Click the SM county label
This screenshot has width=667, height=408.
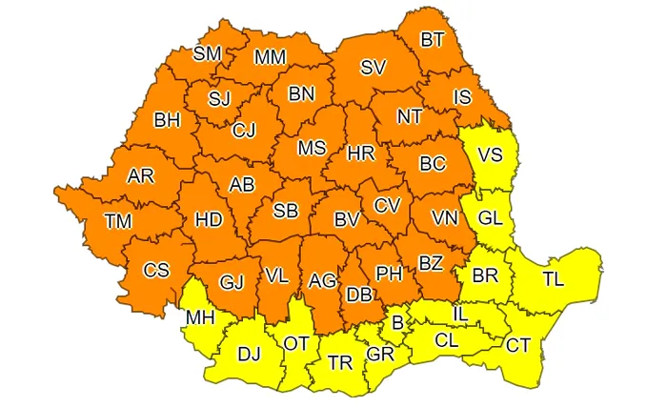point(207,53)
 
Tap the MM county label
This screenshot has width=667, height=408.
point(270,57)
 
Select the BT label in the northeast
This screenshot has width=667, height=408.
point(433,40)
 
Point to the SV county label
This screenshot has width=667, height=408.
point(373,67)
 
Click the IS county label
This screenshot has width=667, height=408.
point(462,96)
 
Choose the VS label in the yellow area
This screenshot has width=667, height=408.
point(490,153)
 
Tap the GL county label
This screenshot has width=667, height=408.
point(490,217)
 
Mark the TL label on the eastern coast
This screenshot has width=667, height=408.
point(554,279)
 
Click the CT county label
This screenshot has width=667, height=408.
point(518,344)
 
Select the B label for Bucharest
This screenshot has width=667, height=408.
point(397,322)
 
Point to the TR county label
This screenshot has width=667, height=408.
point(339,363)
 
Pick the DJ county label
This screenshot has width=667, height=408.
point(249,355)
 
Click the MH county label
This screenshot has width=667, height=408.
point(200,316)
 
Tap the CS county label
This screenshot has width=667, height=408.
point(156,271)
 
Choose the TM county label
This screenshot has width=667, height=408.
point(118,221)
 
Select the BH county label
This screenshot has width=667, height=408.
point(167,121)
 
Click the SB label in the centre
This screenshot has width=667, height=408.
point(286,211)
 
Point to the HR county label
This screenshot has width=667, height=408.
point(361,153)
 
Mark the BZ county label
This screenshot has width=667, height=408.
point(431,262)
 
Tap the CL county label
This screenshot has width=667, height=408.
point(446,339)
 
